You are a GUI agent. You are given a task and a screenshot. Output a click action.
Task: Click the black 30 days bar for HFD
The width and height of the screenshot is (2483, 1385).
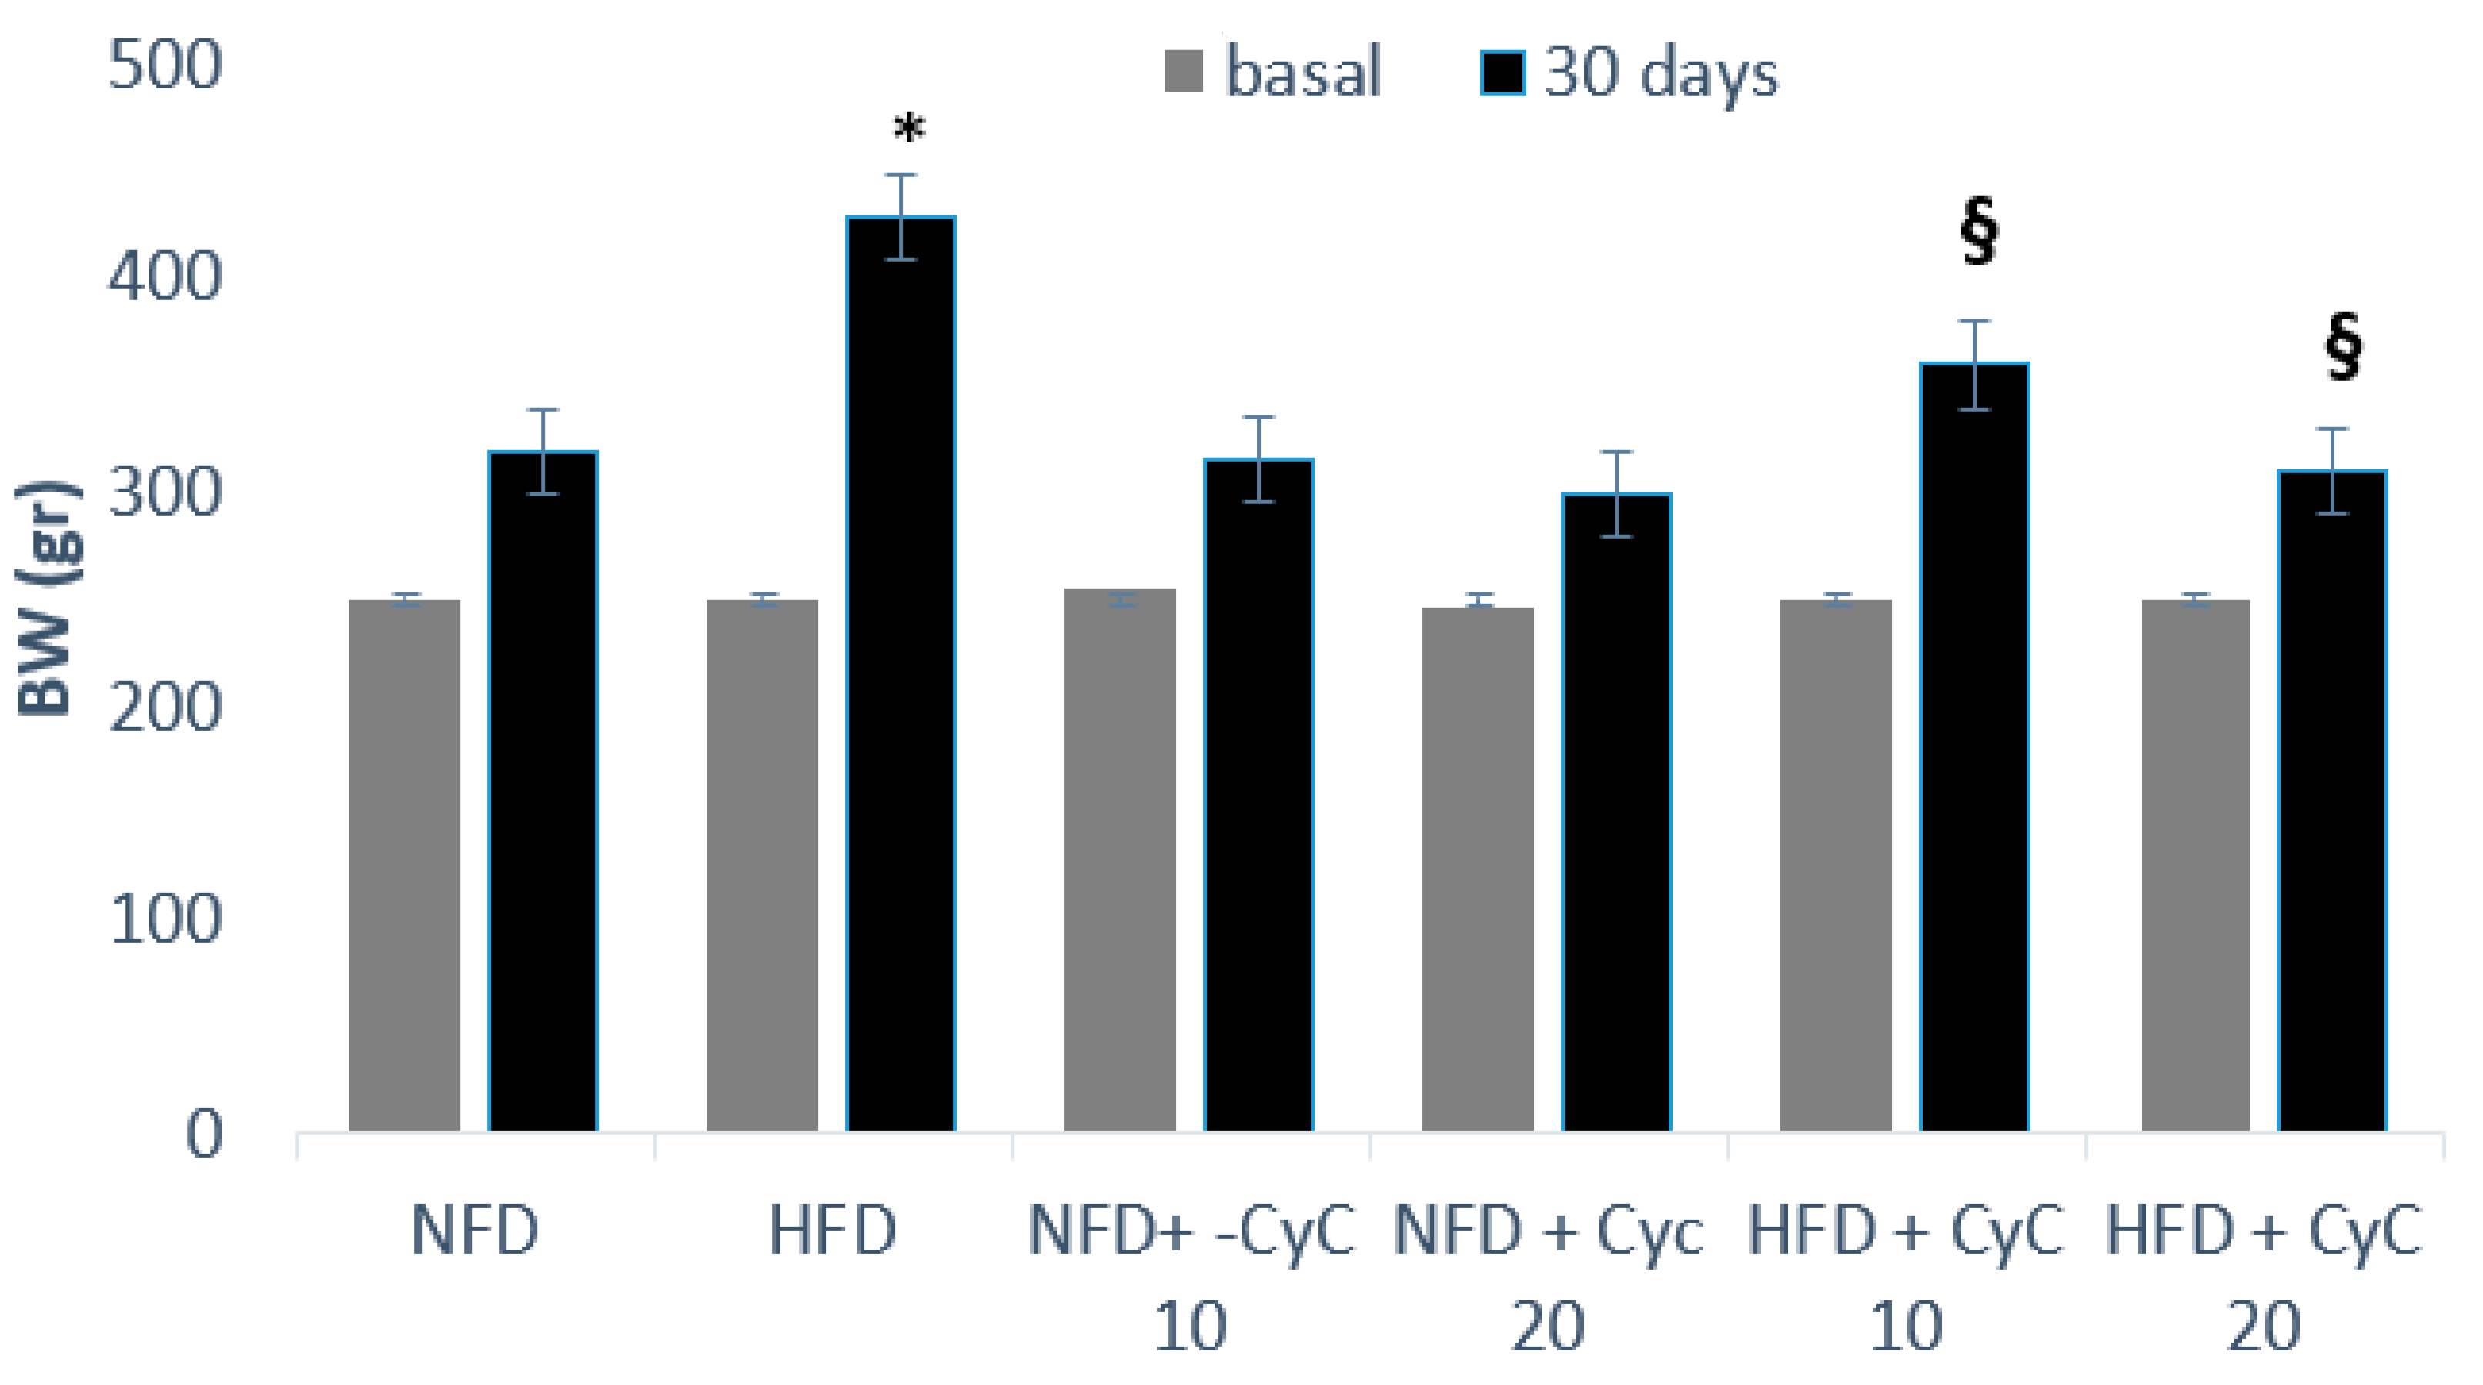click(x=901, y=675)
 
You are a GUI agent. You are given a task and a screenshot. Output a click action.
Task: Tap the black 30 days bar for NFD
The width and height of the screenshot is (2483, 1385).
click(x=543, y=790)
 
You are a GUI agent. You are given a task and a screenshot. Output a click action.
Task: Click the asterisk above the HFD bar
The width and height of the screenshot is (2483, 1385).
click(x=909, y=129)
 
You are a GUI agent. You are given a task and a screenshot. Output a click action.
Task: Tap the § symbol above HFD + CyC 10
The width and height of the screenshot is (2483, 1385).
click(x=1979, y=232)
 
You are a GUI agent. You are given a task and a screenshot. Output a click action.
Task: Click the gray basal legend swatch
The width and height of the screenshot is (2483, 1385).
click(x=1183, y=72)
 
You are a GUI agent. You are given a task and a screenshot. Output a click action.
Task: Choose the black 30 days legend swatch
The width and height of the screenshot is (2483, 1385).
click(x=1502, y=72)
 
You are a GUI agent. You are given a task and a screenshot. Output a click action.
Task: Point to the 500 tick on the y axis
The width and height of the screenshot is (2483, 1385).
click(x=165, y=65)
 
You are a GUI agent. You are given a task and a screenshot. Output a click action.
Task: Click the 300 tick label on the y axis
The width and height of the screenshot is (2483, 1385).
click(x=165, y=492)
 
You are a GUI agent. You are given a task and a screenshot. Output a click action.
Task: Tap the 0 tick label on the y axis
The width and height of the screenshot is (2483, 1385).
click(x=203, y=1133)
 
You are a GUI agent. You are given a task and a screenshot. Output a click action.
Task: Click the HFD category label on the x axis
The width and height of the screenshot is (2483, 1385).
click(x=833, y=1231)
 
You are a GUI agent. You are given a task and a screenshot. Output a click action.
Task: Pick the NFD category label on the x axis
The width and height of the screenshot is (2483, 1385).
click(x=474, y=1231)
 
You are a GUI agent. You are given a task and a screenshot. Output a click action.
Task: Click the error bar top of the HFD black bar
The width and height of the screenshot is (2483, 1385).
click(x=901, y=175)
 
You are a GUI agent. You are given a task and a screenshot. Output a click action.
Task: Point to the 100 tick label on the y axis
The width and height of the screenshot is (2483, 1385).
click(x=165, y=919)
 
